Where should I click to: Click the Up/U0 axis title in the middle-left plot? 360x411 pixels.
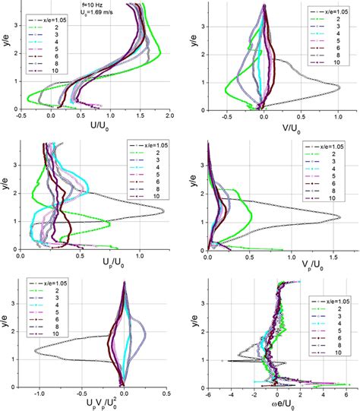pos(99,266)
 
